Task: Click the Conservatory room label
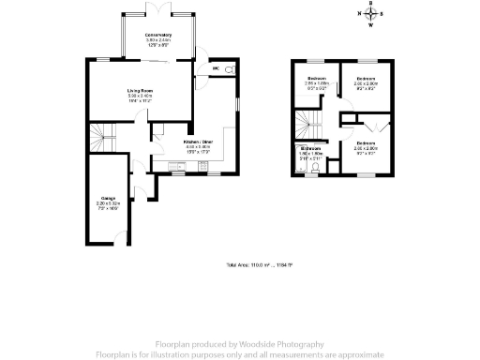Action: (x=157, y=36)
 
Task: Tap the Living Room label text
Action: (x=142, y=91)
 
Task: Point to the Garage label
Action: (x=109, y=200)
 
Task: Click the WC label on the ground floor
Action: (x=216, y=68)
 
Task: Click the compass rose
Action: (x=369, y=14)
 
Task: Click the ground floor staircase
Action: (x=102, y=138)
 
